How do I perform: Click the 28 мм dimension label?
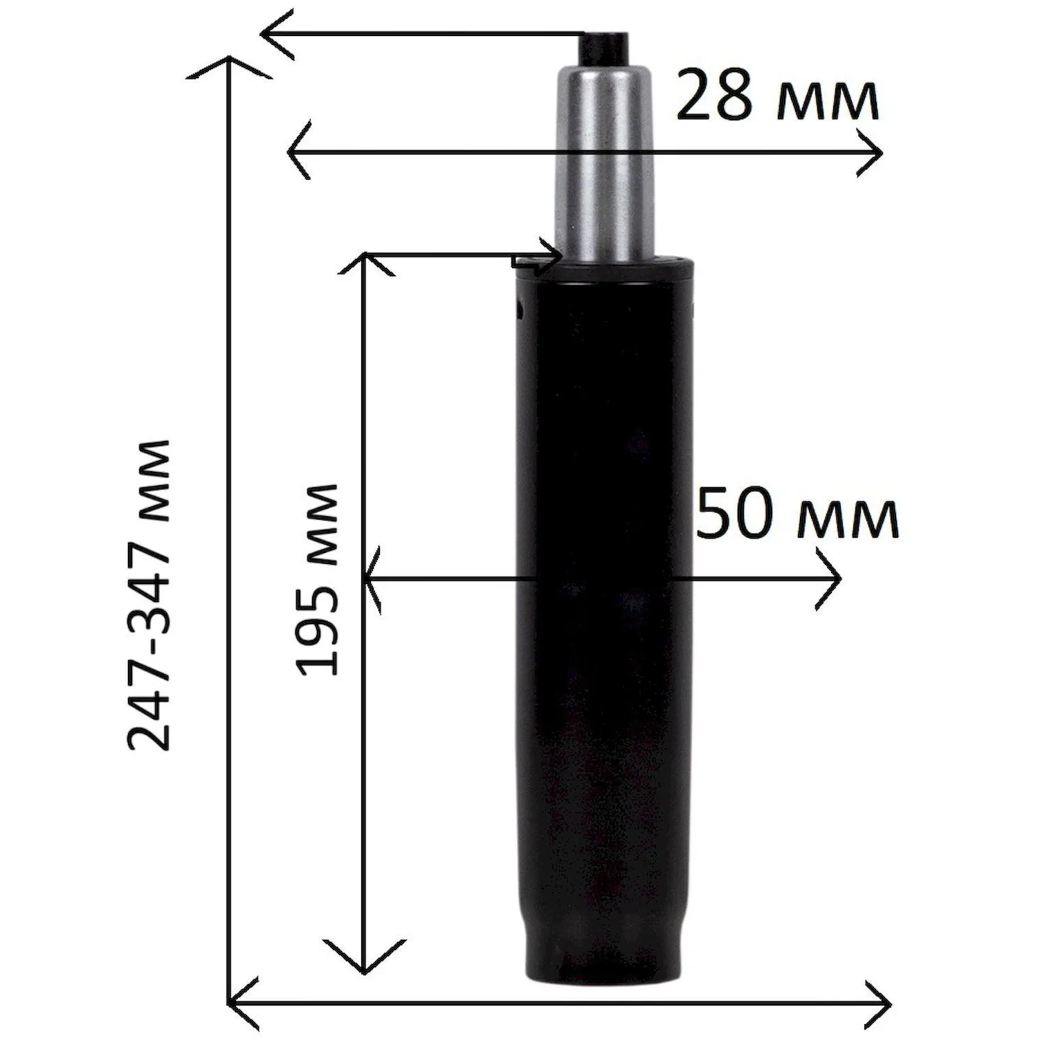click(777, 96)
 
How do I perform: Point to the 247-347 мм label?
click(149, 594)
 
